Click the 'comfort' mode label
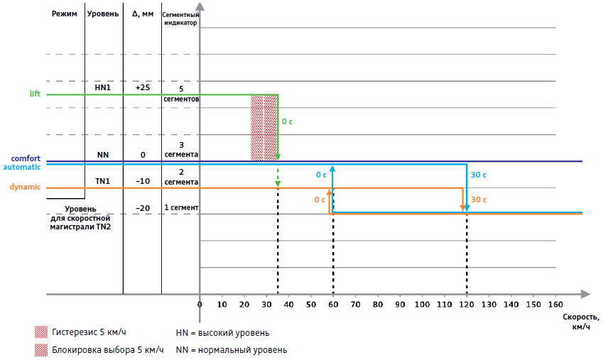click(x=25, y=158)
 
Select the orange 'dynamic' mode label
click(x=25, y=187)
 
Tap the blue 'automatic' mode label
click(x=22, y=167)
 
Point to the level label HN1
click(x=103, y=87)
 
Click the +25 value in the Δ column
click(x=142, y=87)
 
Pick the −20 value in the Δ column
click(x=142, y=208)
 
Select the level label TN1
click(x=103, y=181)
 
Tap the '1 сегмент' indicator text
click(x=180, y=208)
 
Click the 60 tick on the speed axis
click(x=332, y=305)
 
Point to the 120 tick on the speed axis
click(x=466, y=305)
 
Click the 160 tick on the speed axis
click(x=555, y=305)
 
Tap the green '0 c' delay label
click(x=287, y=122)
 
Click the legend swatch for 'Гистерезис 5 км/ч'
click(x=41, y=332)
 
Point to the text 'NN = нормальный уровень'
click(x=232, y=350)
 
